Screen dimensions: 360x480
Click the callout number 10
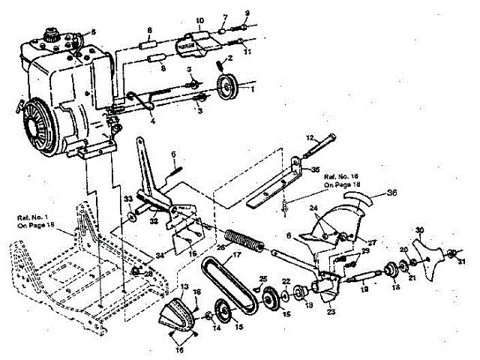(x=199, y=19)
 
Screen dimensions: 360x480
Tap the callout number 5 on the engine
(x=94, y=31)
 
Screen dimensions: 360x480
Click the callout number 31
(x=462, y=260)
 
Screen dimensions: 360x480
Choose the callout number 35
(x=316, y=169)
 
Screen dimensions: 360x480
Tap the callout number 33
(x=127, y=199)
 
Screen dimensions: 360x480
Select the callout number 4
(x=152, y=120)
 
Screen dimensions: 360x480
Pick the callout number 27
(x=350, y=241)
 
